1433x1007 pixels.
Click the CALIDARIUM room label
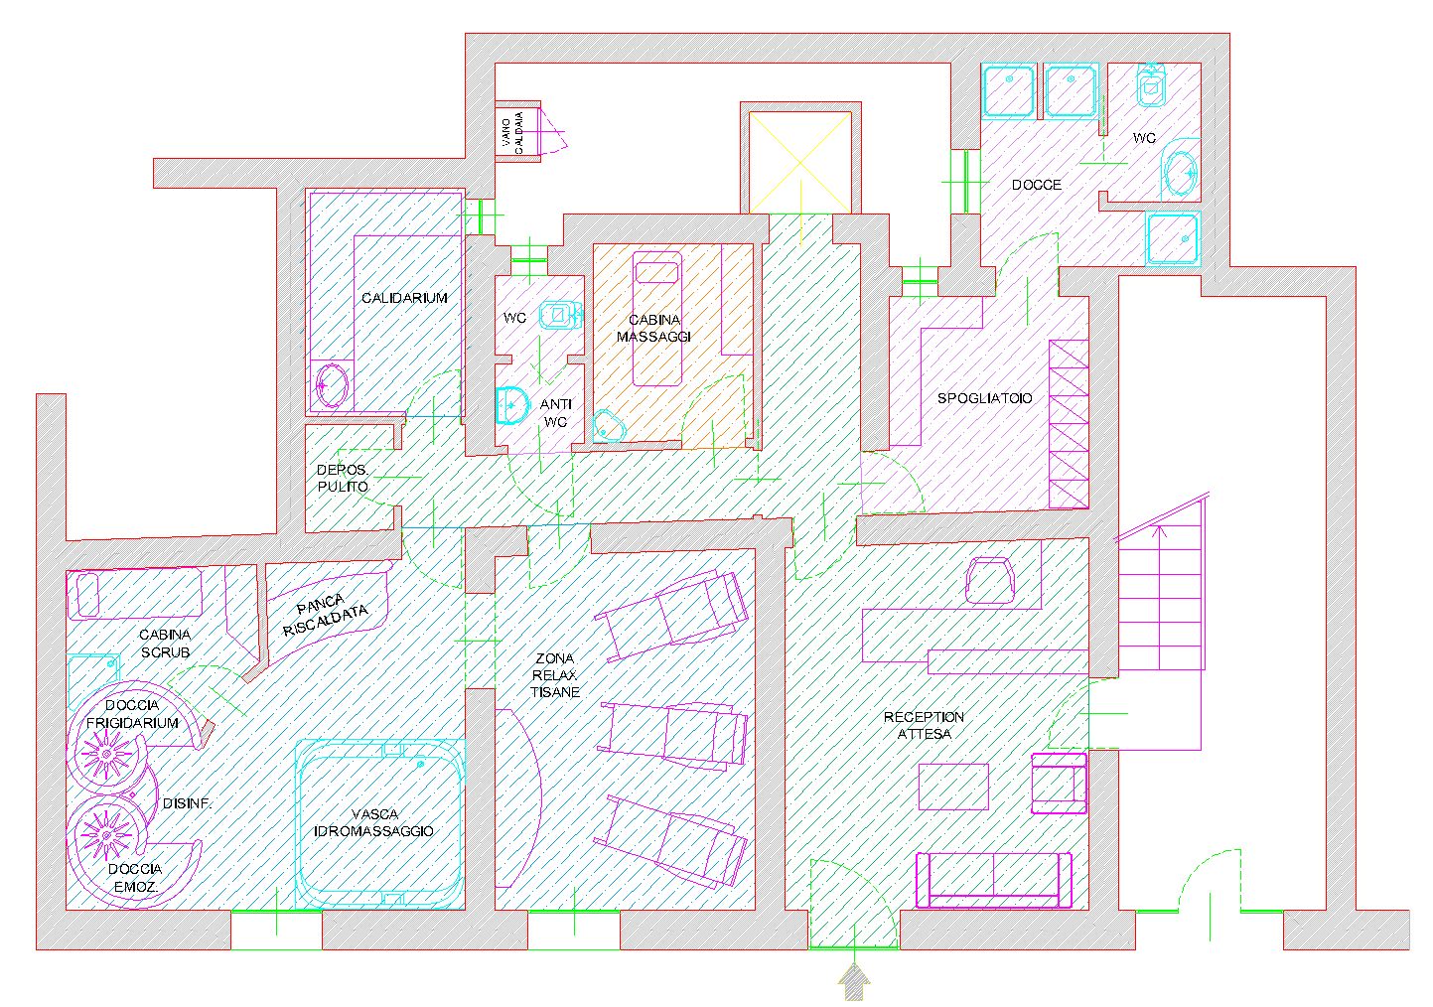(x=404, y=298)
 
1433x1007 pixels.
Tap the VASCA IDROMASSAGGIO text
(x=373, y=822)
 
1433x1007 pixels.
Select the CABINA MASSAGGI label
(x=653, y=328)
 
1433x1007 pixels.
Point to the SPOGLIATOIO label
(x=984, y=398)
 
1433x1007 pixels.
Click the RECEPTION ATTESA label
(x=924, y=726)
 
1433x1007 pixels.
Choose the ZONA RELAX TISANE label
(x=555, y=675)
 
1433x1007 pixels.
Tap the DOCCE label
(x=1037, y=185)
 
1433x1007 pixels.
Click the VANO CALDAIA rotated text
(x=512, y=132)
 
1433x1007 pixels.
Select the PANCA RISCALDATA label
(x=325, y=614)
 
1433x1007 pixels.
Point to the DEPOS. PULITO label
(x=343, y=478)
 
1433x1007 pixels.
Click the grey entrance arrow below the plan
(x=854, y=982)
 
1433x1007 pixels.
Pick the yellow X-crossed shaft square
(x=800, y=163)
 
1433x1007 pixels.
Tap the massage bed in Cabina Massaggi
(x=657, y=319)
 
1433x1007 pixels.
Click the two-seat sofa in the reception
(x=993, y=880)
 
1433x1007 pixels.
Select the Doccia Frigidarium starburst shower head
(x=106, y=755)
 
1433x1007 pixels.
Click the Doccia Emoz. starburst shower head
(x=106, y=835)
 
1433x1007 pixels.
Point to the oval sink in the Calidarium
(x=332, y=385)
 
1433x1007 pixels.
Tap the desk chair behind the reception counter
(x=990, y=580)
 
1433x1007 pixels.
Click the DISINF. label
(x=186, y=803)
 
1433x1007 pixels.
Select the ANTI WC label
(x=555, y=413)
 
